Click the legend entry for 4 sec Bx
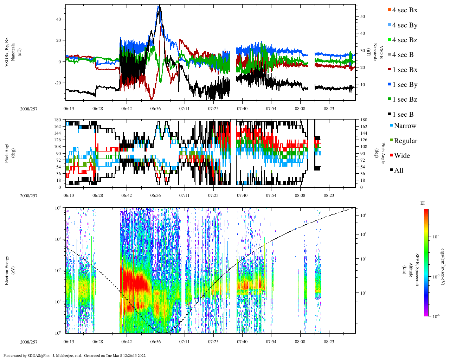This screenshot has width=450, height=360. click(404, 10)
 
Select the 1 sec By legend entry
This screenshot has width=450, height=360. click(404, 85)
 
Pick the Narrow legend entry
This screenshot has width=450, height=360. click(404, 126)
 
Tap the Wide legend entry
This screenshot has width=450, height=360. click(401, 156)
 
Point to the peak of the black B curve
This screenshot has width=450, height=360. click(159, 5)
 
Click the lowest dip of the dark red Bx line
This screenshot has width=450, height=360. click(152, 99)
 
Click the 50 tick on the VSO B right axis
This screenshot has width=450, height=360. click(362, 17)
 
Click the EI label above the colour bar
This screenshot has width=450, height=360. click(423, 203)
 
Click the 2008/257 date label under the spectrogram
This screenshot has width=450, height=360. click(29, 342)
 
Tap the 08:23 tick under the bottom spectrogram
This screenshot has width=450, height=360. click(329, 342)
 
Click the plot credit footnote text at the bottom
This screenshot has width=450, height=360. click(75, 355)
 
